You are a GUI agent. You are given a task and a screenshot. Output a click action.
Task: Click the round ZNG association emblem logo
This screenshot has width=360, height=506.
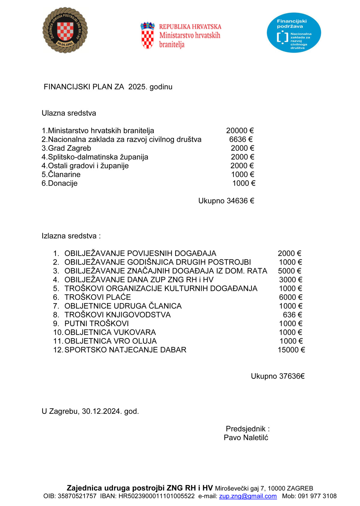[65, 30]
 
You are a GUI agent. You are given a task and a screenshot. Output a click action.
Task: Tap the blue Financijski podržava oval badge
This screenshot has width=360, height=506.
[294, 33]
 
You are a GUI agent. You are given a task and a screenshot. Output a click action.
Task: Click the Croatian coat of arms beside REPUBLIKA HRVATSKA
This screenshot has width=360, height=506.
[147, 35]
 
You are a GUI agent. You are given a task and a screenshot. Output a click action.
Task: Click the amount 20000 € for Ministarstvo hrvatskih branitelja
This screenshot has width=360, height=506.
[240, 131]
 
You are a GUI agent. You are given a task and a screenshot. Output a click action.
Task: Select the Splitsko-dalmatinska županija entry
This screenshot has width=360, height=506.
[95, 157]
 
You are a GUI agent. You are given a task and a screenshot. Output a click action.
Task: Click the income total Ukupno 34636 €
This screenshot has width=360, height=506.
[226, 201]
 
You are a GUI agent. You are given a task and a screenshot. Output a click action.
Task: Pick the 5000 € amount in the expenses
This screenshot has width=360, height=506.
[289, 271]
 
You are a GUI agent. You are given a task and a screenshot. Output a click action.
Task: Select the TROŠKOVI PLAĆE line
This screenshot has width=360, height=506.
[97, 297]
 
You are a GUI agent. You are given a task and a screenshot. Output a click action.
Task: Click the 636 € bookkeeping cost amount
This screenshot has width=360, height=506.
[292, 315]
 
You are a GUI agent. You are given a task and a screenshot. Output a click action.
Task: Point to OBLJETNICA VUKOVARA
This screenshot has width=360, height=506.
[110, 332]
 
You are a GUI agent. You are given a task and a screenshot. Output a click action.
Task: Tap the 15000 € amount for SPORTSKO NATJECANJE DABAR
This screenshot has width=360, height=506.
[291, 350]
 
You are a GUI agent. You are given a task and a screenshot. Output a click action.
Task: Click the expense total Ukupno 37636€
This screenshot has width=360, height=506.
[277, 376]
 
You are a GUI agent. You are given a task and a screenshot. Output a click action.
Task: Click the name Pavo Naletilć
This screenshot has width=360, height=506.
[246, 438]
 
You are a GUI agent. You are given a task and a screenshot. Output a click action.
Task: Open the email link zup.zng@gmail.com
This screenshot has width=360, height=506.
[248, 496]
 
